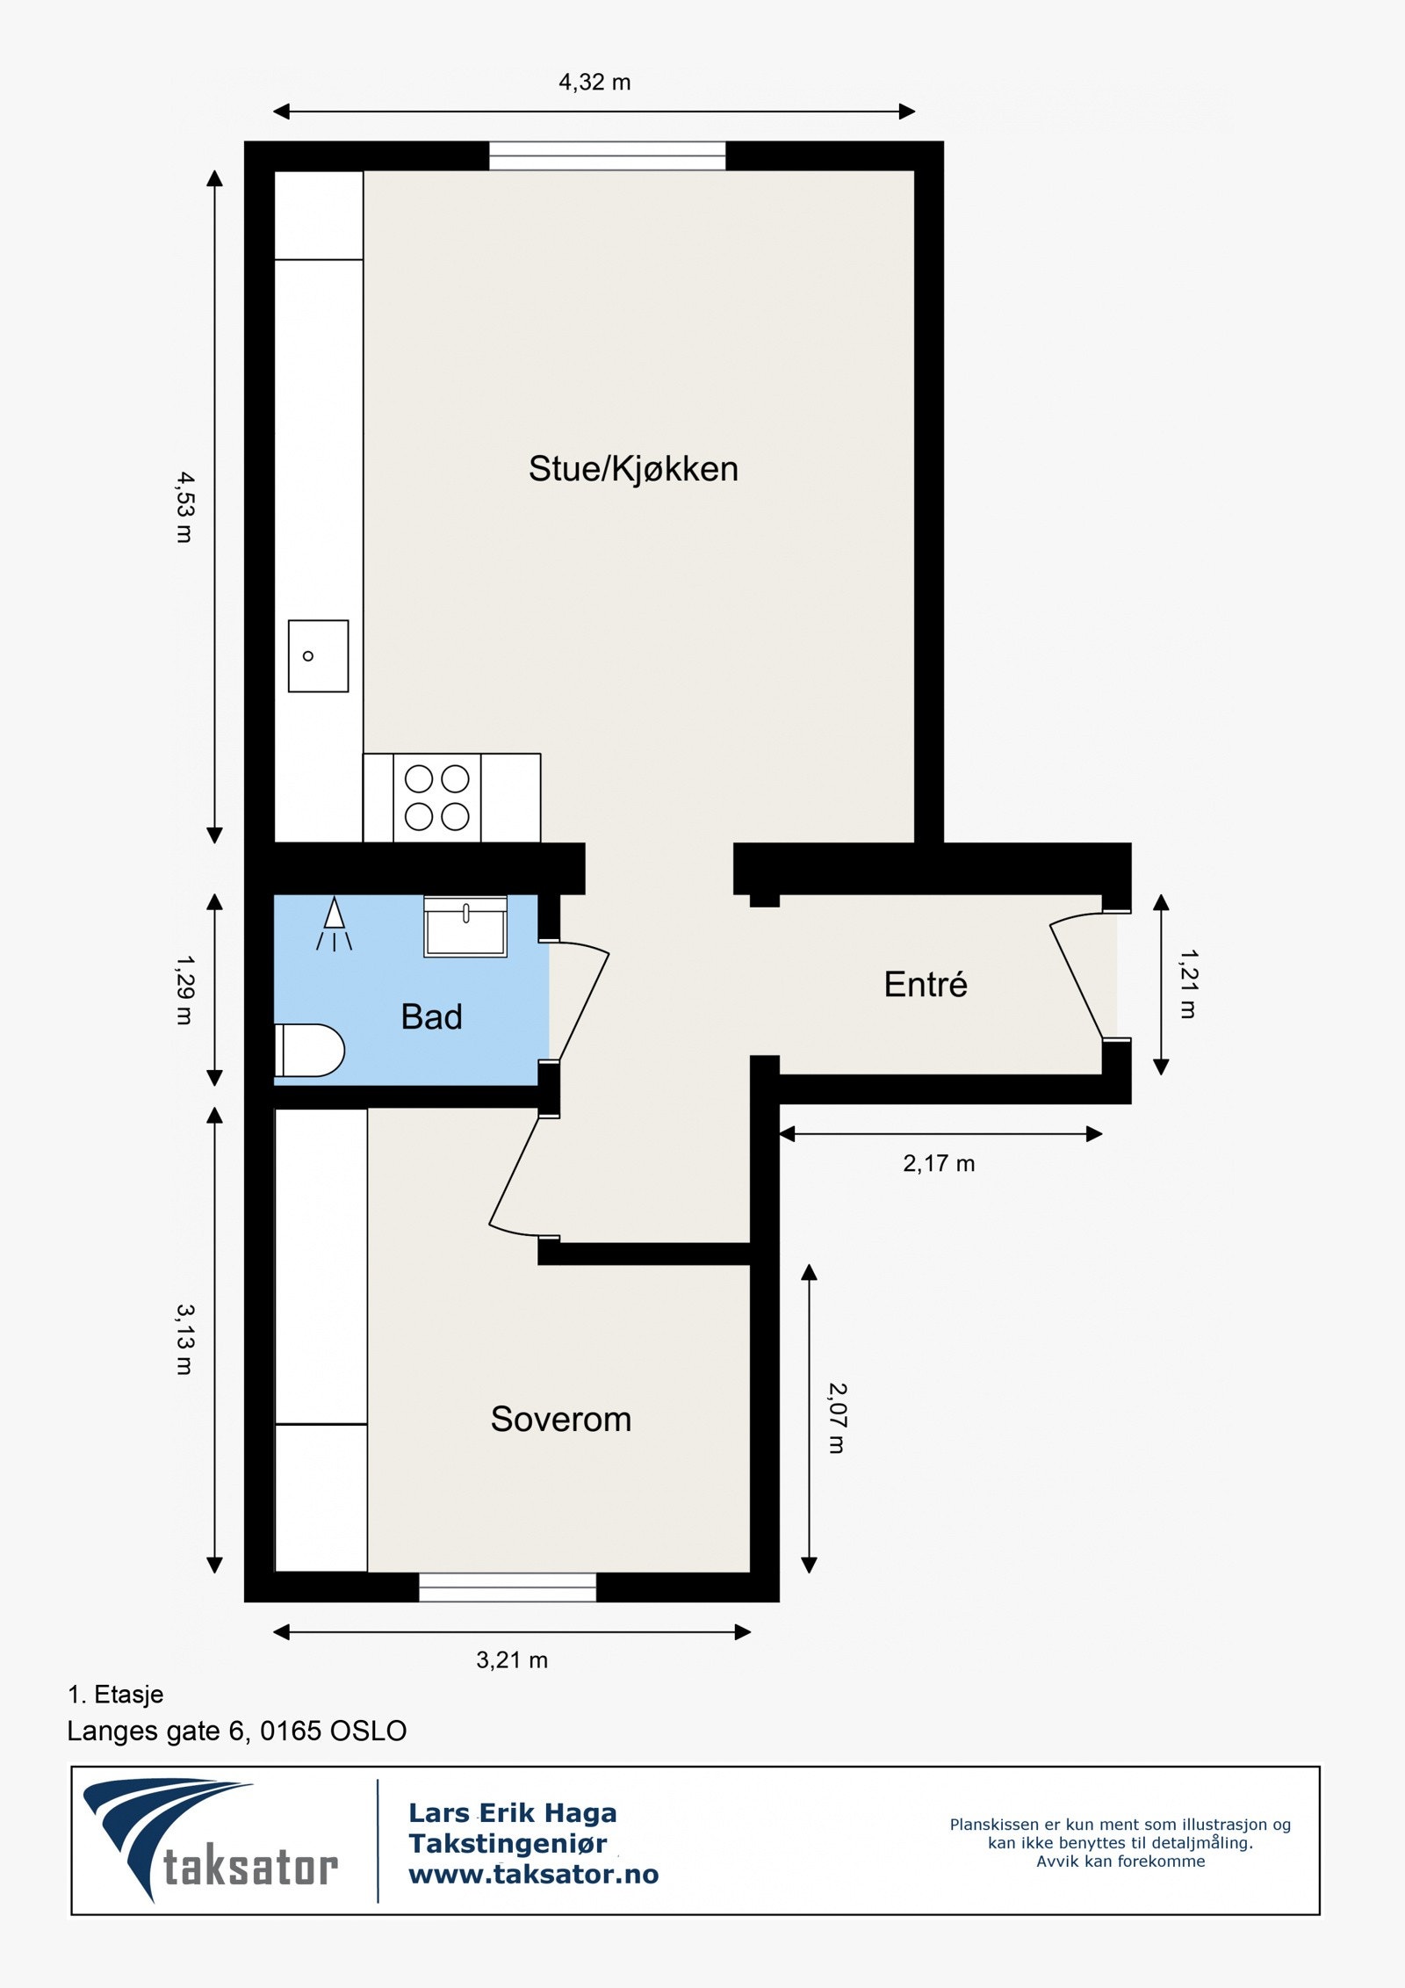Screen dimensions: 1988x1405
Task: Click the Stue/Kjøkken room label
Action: coord(632,469)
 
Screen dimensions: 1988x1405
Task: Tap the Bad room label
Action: coord(431,1016)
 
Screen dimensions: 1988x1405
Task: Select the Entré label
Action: coord(926,984)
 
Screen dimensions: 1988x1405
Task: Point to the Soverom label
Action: coord(560,1419)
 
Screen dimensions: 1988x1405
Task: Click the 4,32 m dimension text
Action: coord(594,83)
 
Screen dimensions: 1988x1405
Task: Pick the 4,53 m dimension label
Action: coord(184,507)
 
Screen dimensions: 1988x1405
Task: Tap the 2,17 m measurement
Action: coord(939,1163)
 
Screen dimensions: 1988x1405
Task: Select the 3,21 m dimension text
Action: coord(512,1659)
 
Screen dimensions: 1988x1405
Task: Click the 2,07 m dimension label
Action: coord(837,1418)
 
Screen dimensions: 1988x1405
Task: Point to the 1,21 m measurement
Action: coord(1187,983)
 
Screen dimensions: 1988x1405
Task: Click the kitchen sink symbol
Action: coord(318,655)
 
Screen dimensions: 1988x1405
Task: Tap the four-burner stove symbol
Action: coord(436,798)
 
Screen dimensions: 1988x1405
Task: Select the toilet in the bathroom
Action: coord(309,1050)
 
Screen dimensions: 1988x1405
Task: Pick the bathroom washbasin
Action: coord(465,927)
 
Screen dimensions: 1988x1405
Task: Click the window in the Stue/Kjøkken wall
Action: coord(607,155)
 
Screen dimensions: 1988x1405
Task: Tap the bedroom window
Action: coord(508,1587)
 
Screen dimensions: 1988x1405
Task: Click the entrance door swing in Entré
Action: coord(1077,975)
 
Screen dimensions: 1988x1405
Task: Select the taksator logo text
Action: coord(250,1867)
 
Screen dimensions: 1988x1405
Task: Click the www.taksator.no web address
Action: coord(533,1874)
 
